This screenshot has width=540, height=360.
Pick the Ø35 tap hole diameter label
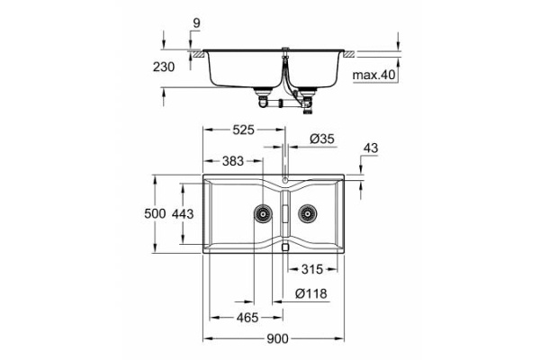[322, 139]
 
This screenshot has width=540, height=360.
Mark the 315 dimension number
[311, 268]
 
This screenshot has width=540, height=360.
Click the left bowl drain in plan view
[263, 214]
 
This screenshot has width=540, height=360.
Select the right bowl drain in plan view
[308, 214]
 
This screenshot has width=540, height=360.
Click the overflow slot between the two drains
[285, 214]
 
